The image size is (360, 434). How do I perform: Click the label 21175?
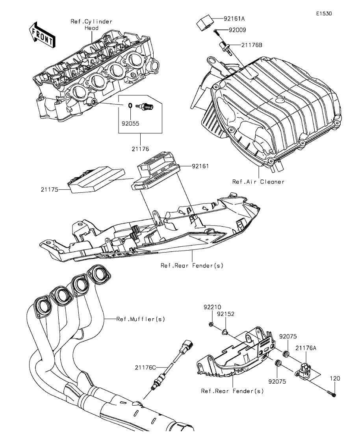click(49, 189)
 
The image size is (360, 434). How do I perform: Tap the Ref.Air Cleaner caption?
click(258, 182)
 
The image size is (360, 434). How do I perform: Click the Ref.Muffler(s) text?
click(141, 319)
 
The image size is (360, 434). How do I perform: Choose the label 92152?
click(226, 314)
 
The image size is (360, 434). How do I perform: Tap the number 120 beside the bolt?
click(335, 379)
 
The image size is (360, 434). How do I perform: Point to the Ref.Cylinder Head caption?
click(91, 25)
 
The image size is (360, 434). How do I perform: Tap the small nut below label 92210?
click(211, 325)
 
